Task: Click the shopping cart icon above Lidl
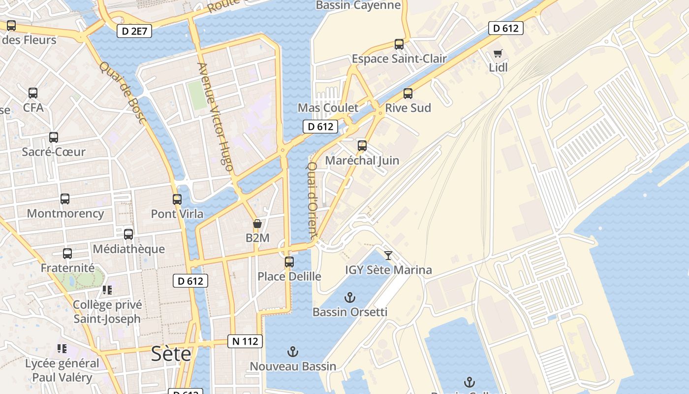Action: click(498, 53)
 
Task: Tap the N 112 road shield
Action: click(245, 341)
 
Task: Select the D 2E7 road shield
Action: click(134, 32)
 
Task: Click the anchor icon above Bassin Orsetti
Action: click(349, 297)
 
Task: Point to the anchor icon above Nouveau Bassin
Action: click(293, 352)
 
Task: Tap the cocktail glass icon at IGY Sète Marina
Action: click(388, 255)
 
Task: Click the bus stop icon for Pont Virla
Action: click(177, 199)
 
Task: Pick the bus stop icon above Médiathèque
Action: click(128, 234)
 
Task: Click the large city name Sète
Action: click(171, 354)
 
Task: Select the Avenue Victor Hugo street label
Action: click(215, 116)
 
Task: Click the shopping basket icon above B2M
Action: click(257, 224)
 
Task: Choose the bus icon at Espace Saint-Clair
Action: click(399, 44)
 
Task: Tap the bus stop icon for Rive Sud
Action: click(407, 94)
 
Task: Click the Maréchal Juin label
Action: click(362, 161)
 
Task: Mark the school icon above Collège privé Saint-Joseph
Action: click(107, 290)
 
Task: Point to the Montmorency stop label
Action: click(65, 214)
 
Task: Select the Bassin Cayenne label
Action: click(358, 5)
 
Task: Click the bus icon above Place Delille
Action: click(289, 262)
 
